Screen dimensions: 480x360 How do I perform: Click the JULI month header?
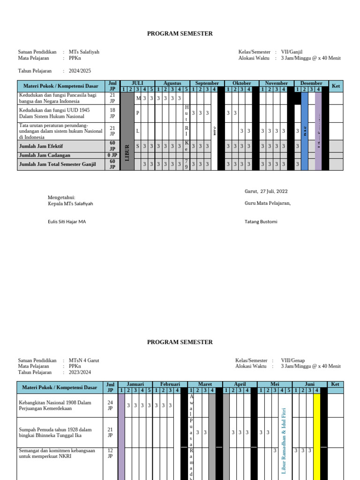pos(137,83)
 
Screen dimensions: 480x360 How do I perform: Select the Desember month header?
pos(311,83)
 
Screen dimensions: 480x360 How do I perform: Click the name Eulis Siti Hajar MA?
pos(67,221)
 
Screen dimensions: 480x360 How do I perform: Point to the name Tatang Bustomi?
pos(261,221)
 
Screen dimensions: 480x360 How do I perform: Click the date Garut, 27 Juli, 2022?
pos(266,191)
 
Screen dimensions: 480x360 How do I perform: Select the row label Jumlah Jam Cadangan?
pos(45,155)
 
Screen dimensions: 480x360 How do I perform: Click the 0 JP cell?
pos(112,155)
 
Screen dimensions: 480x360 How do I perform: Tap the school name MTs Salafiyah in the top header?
pos(84,52)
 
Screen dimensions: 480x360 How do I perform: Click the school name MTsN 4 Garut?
pos(84,360)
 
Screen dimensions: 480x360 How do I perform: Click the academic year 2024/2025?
pos(80,71)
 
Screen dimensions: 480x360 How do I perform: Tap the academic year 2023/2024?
pos(80,372)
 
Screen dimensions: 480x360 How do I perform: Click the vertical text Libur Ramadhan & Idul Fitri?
pos(284,441)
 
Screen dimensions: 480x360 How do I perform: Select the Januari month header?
pos(135,384)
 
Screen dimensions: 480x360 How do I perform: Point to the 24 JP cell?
pos(110,405)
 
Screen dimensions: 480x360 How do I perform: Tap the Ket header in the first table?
pos(336,86)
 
